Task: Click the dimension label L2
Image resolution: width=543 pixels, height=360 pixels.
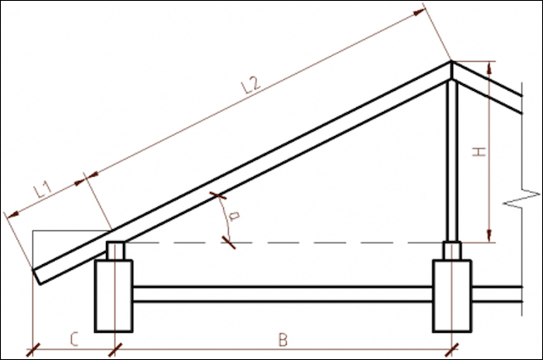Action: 249,84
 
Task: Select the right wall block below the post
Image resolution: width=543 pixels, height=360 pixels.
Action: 451,295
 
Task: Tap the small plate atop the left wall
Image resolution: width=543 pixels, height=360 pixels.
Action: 115,251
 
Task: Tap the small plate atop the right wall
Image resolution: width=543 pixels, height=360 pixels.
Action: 451,251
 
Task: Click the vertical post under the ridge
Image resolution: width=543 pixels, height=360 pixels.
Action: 452,161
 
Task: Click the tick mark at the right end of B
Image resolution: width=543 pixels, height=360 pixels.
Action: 452,348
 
